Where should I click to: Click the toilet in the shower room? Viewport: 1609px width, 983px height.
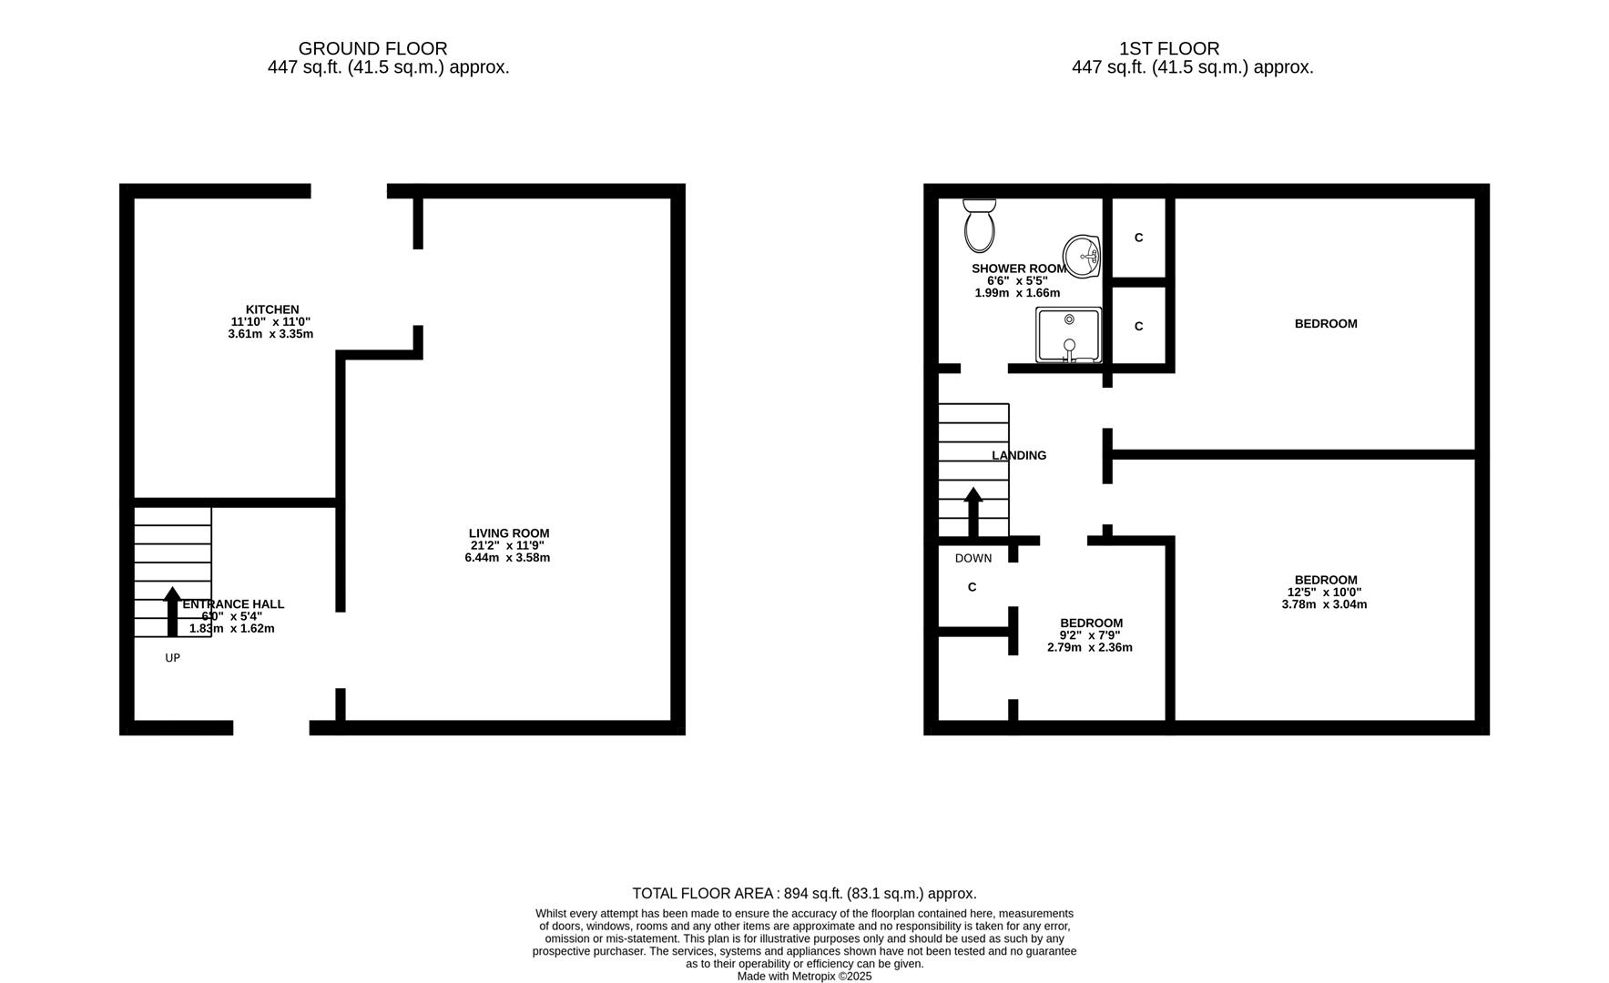[x=980, y=226]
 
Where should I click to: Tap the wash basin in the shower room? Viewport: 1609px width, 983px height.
[x=1082, y=256]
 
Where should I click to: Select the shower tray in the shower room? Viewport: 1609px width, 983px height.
[x=1069, y=335]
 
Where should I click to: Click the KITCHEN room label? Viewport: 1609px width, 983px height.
[x=272, y=309]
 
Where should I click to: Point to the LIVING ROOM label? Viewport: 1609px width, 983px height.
[x=509, y=533]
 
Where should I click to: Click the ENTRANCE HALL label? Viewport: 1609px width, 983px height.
[x=233, y=604]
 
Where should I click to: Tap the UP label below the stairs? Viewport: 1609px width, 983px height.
[x=172, y=658]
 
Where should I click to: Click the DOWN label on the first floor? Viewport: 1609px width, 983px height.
[x=973, y=558]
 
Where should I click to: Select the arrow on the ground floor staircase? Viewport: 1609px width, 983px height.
[x=172, y=612]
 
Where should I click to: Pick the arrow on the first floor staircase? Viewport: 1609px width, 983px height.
[x=973, y=512]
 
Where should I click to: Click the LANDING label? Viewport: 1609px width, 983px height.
[x=1019, y=455]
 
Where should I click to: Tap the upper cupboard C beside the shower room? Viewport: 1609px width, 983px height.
[x=1138, y=238]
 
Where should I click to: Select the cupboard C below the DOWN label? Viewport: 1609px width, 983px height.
[x=972, y=587]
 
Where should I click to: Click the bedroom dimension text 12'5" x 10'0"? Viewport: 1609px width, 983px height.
[x=1324, y=592]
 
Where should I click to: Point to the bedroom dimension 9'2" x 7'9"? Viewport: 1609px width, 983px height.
[x=1090, y=635]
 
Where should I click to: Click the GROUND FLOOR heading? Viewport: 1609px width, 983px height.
[x=372, y=48]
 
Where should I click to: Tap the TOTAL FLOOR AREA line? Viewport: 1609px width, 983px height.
[x=804, y=894]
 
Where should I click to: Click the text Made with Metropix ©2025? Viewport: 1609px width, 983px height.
[x=804, y=976]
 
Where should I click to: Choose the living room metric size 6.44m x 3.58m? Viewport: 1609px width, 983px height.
[x=507, y=557]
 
